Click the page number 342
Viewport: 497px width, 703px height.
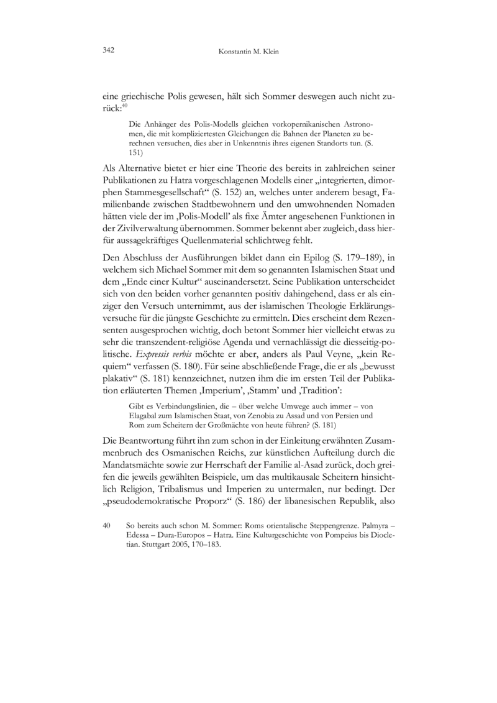tap(109, 50)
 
